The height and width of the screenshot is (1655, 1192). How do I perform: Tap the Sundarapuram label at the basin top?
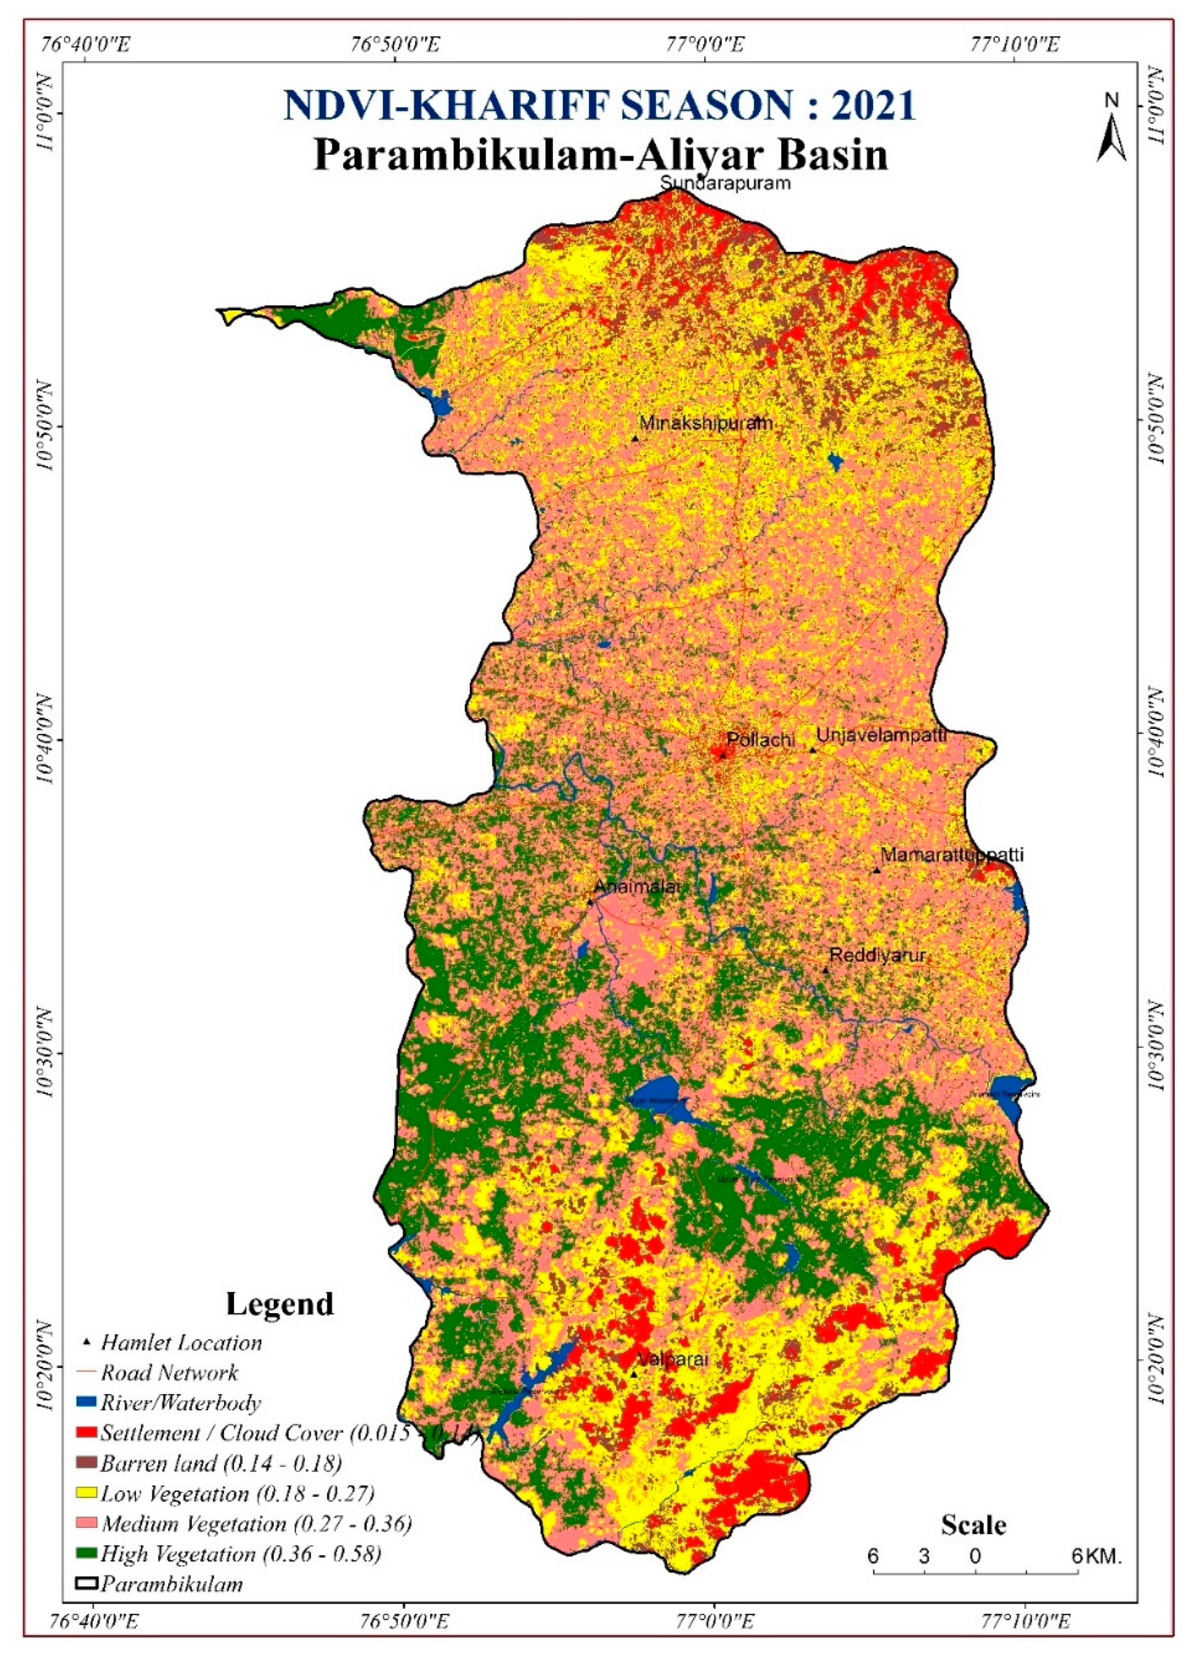tap(725, 183)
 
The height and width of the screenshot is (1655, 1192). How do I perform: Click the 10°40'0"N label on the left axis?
tap(45, 740)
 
